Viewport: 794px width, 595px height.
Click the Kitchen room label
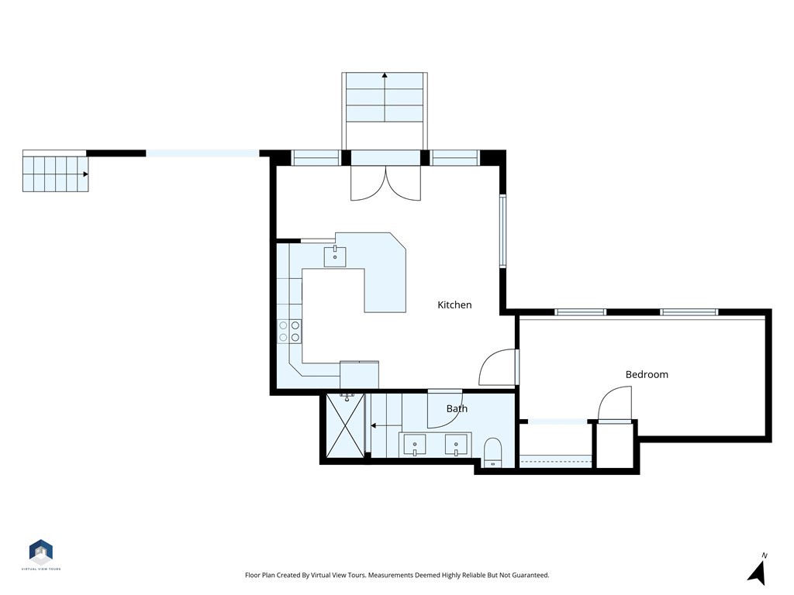click(454, 305)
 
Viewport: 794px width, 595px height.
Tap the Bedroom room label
click(647, 374)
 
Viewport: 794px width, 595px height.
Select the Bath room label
click(457, 408)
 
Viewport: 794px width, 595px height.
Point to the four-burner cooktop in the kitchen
click(290, 332)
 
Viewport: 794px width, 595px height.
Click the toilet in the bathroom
click(492, 452)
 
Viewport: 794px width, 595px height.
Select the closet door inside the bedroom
click(615, 404)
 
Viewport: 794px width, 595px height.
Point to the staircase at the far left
click(55, 173)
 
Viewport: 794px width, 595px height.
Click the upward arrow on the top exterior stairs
click(385, 76)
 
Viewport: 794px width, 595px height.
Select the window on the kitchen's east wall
click(502, 231)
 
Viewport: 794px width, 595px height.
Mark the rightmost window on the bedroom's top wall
click(689, 312)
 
